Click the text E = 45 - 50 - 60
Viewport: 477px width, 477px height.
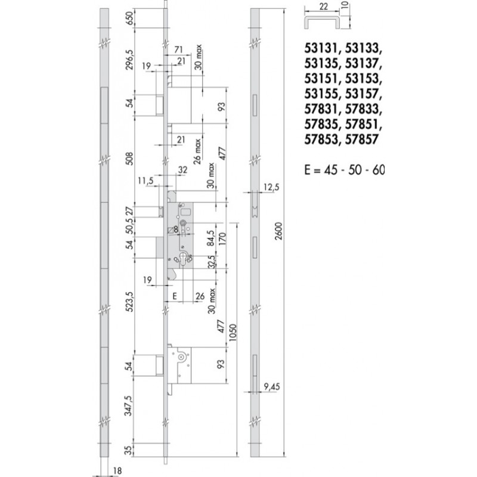[344, 170]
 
